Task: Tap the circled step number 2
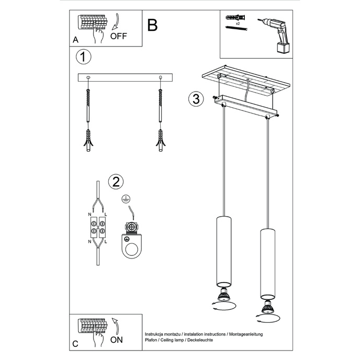pyautogui.click(x=115, y=182)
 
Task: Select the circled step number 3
pyautogui.click(x=195, y=99)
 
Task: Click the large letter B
pyautogui.click(x=152, y=25)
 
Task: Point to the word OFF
pyautogui.click(x=118, y=36)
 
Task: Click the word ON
pyautogui.click(x=117, y=340)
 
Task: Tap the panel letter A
pyautogui.click(x=75, y=40)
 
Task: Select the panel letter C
pyautogui.click(x=75, y=344)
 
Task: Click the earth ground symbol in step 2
pyautogui.click(x=125, y=198)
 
